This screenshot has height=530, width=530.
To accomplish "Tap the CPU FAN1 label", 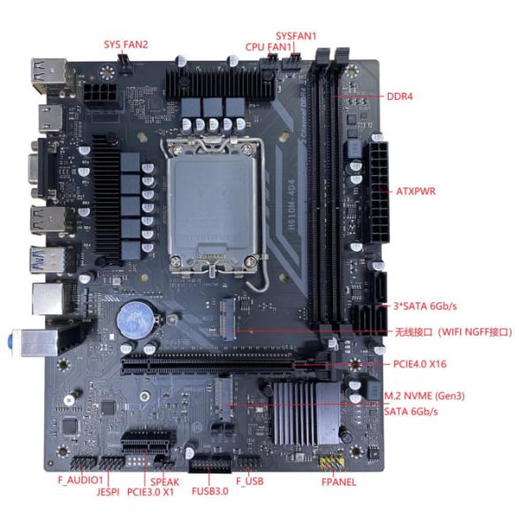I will [x=269, y=46].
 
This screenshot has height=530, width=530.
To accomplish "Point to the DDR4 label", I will [x=400, y=96].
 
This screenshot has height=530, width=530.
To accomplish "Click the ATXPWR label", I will [x=411, y=191].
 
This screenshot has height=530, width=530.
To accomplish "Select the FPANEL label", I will [x=338, y=482].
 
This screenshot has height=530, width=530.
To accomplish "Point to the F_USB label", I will [x=250, y=481].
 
